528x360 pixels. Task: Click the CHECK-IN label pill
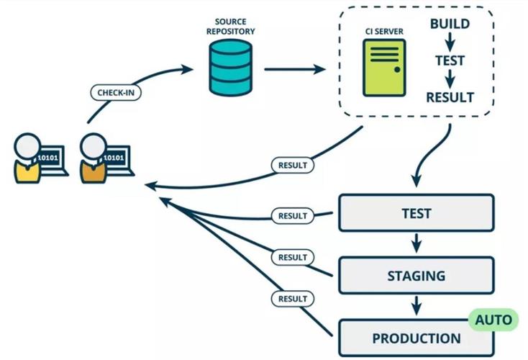click(116, 92)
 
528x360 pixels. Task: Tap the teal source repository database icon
click(231, 68)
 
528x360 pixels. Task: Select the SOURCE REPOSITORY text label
click(231, 27)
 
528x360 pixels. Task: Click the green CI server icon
click(384, 68)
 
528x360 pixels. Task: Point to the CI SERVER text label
click(384, 32)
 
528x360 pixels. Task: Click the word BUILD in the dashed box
click(450, 24)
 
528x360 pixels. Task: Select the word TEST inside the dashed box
click(450, 60)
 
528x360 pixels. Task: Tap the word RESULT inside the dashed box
click(450, 97)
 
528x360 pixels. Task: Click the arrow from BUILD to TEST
click(450, 42)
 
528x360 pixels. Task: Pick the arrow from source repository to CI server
click(295, 69)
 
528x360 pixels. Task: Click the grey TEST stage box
click(417, 212)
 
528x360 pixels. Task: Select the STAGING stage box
click(417, 275)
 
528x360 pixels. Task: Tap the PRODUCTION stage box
click(417, 338)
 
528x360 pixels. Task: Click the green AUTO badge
click(493, 320)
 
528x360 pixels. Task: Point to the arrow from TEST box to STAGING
click(417, 243)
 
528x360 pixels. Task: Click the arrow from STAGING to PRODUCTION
click(417, 305)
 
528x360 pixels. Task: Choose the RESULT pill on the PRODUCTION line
click(293, 299)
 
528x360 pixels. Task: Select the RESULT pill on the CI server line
click(293, 165)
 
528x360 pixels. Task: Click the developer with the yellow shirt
click(27, 158)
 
